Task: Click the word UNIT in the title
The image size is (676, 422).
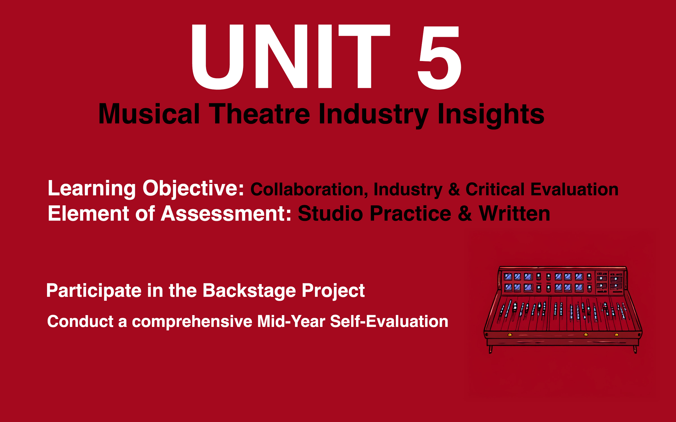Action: coord(290,56)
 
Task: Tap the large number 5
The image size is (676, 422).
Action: coord(439,58)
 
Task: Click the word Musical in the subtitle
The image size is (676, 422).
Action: coord(149,114)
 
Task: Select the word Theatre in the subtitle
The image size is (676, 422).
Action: coord(259,114)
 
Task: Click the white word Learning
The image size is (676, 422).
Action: coord(92,188)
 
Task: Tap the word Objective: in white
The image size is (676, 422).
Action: coord(193,188)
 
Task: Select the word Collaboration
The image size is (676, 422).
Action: coord(309,189)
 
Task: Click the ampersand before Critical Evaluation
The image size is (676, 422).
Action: coord(454,189)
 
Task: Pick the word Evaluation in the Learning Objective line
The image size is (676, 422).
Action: coord(575,189)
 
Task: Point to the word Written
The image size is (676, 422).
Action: coord(514,214)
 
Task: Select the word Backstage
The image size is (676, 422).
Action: coord(249,291)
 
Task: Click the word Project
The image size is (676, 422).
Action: coord(333,291)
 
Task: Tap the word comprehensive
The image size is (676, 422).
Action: coord(192,321)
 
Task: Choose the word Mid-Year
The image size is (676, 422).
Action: coord(291,321)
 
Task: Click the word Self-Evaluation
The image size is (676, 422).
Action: coord(389,321)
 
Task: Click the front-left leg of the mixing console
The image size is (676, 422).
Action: coord(490,349)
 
